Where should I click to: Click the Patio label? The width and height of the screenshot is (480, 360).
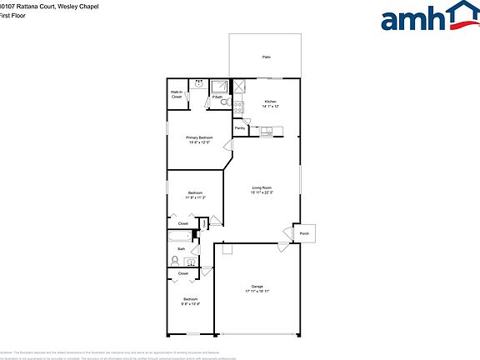pos(267,57)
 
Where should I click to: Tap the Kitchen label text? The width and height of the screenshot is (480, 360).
pos(270,102)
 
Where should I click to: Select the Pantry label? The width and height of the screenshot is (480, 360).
pos(240,128)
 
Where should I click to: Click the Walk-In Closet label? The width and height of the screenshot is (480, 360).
pos(177,94)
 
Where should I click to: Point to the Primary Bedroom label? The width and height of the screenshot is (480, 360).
pos(199,137)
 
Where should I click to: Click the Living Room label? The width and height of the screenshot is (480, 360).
pos(262,188)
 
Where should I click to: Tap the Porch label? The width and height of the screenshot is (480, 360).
pos(304,233)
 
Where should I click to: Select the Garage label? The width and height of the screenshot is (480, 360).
pos(257,287)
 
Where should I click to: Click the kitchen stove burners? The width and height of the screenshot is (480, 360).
pos(238,107)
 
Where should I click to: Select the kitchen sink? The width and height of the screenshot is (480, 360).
pos(267,131)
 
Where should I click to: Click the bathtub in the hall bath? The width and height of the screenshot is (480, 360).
pos(179,236)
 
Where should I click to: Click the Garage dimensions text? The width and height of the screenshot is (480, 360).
pos(257,291)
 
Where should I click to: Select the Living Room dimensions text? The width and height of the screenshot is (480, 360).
pos(262,193)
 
